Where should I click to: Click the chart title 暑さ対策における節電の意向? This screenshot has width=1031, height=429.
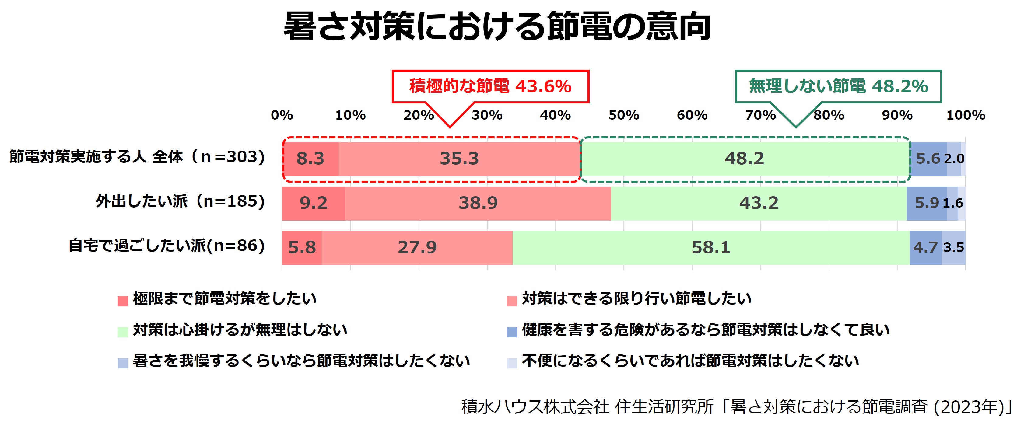pyautogui.click(x=497, y=26)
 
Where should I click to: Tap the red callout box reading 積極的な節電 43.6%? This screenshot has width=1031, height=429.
pyautogui.click(x=490, y=86)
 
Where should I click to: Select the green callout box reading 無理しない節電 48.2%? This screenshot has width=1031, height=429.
pyautogui.click(x=839, y=86)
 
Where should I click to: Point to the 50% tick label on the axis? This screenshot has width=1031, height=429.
pyautogui.click(x=624, y=115)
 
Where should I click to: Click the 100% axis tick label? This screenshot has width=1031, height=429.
pyautogui.click(x=965, y=115)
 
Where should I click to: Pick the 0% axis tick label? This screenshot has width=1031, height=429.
pyautogui.click(x=282, y=115)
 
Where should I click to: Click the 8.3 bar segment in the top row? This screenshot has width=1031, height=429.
pyautogui.click(x=310, y=159)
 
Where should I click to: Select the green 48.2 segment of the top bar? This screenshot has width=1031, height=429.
pyautogui.click(x=745, y=159)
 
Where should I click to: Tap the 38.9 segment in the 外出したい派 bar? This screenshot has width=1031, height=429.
pyautogui.click(x=478, y=203)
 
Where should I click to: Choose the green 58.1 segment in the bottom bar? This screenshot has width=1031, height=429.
pyautogui.click(x=711, y=248)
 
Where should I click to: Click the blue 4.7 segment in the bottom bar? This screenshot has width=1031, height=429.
pyautogui.click(x=926, y=248)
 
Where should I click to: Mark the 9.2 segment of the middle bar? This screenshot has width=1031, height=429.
pyautogui.click(x=314, y=203)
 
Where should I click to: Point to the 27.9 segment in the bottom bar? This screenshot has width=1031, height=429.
pyautogui.click(x=417, y=248)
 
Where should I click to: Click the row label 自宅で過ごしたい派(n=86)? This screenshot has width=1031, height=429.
pyautogui.click(x=167, y=246)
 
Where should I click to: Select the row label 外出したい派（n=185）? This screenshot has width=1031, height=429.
pyautogui.click(x=181, y=201)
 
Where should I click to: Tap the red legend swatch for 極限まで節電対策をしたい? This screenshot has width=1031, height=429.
pyautogui.click(x=123, y=301)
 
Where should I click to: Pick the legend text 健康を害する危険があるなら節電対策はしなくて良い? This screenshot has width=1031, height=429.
pyautogui.click(x=706, y=330)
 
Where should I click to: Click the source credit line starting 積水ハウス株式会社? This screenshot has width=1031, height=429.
pyautogui.click(x=737, y=407)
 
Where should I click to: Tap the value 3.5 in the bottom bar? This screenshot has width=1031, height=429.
pyautogui.click(x=954, y=248)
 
